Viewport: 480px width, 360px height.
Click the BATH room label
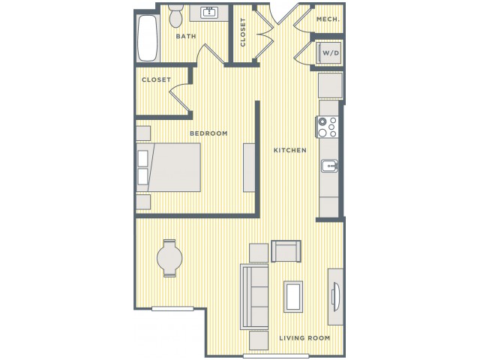pyautogui.click(x=186, y=36)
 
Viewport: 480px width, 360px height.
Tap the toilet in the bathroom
pyautogui.click(x=175, y=15)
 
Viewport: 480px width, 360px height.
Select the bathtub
pyautogui.click(x=148, y=38)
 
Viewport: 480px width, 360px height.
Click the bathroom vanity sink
pyautogui.click(x=209, y=13)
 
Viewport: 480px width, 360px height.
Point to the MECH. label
pyautogui.click(x=328, y=19)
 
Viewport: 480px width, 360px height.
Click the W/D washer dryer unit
pyautogui.click(x=329, y=53)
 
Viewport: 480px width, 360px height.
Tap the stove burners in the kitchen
pyautogui.click(x=327, y=127)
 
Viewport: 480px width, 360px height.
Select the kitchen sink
pyautogui.click(x=329, y=166)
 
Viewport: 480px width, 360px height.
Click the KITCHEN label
pyautogui.click(x=290, y=150)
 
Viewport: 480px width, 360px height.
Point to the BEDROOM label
pyautogui.click(x=208, y=133)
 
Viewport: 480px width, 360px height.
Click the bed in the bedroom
pyautogui.click(x=168, y=167)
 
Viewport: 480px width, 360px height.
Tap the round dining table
pyautogui.click(x=169, y=258)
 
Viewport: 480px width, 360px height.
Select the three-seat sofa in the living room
pyautogui.click(x=254, y=296)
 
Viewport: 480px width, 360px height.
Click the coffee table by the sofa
pyautogui.click(x=293, y=297)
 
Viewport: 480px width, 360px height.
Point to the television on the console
pyautogui.click(x=335, y=297)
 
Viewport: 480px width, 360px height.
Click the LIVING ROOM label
pyautogui.click(x=304, y=338)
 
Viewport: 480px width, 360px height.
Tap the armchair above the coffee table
pyautogui.click(x=286, y=251)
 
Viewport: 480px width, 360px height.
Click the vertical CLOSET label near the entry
pyautogui.click(x=243, y=32)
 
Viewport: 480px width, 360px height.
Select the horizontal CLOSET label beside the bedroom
pyautogui.click(x=156, y=79)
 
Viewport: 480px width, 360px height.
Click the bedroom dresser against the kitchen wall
pyautogui.click(x=249, y=168)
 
